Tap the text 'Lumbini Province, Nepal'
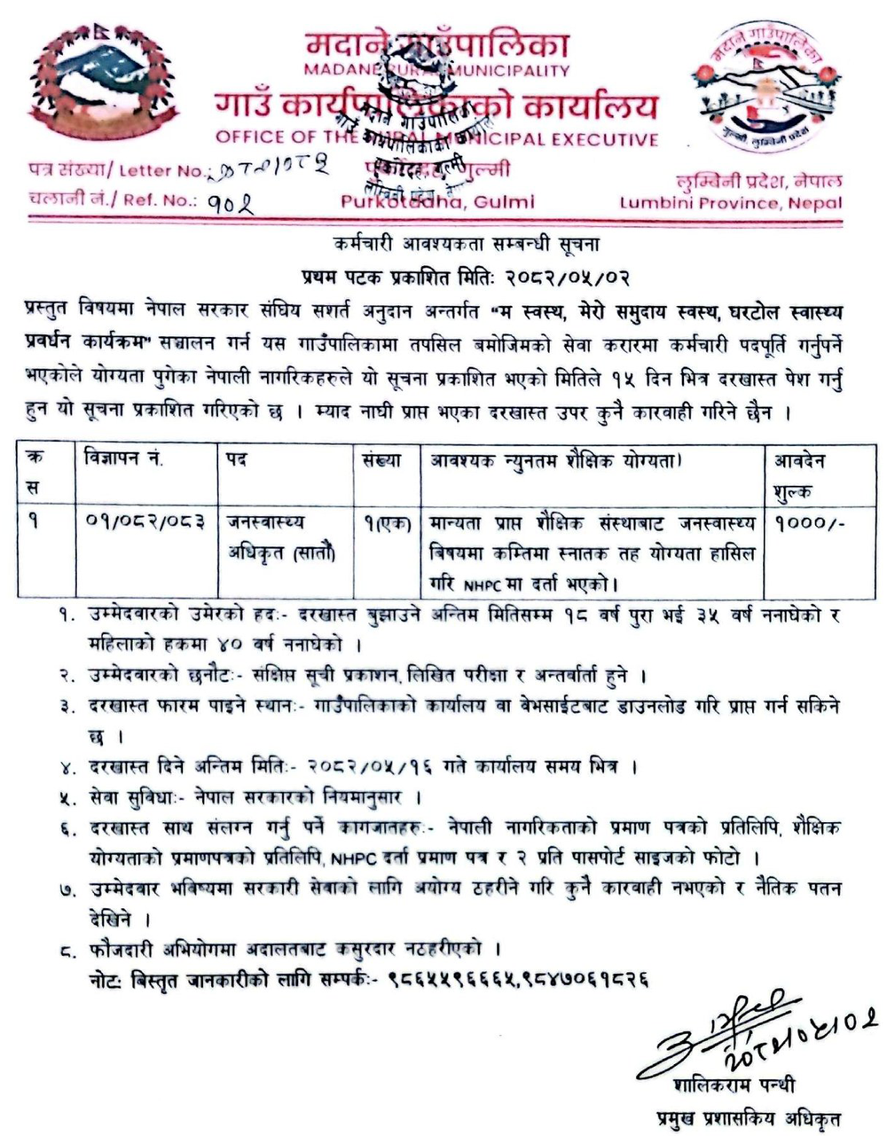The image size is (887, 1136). tap(731, 202)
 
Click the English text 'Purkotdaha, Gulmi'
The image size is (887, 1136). tap(437, 201)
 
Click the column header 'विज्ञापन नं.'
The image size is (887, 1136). tap(124, 460)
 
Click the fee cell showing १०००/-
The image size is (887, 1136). tap(809, 523)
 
